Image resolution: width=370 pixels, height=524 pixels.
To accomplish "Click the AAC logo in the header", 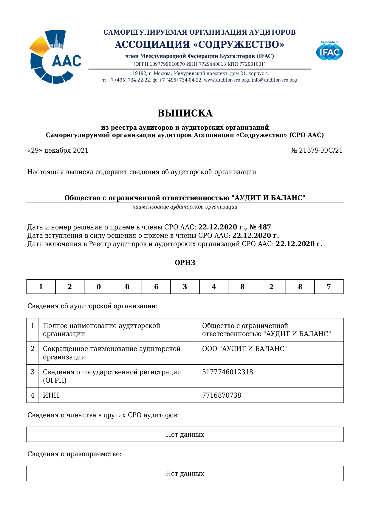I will point(55,57).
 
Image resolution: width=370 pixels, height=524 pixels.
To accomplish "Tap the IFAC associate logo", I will point(329,51).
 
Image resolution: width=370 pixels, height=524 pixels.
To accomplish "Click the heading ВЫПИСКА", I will point(185,113).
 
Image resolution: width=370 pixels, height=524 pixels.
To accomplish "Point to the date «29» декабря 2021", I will point(58,150).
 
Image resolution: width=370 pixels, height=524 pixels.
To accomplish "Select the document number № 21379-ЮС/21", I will point(317,150).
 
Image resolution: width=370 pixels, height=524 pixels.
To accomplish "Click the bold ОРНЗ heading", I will point(185,263).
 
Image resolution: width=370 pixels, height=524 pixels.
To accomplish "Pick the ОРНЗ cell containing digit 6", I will point(156,287).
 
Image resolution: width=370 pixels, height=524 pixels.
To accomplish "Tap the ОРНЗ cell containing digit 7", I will point(329,287).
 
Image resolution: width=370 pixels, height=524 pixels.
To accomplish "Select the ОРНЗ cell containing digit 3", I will point(185,287).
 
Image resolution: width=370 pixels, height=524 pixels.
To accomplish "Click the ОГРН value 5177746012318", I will point(227,372).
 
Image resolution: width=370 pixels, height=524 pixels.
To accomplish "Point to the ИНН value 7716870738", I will point(222,395).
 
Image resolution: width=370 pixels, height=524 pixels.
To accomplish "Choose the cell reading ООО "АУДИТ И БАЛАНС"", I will point(244,349).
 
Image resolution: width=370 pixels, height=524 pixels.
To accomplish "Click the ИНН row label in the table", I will point(51,395).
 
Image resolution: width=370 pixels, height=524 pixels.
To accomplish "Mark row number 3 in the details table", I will point(32,372).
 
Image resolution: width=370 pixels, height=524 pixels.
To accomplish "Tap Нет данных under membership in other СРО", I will point(185,434).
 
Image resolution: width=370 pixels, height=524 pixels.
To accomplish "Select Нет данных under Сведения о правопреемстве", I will point(185,474).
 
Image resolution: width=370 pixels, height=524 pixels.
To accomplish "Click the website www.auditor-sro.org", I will point(226,80).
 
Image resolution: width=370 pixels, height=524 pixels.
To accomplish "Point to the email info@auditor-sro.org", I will point(274,80).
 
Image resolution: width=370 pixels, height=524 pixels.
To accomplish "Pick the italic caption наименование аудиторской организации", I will point(185,207).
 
